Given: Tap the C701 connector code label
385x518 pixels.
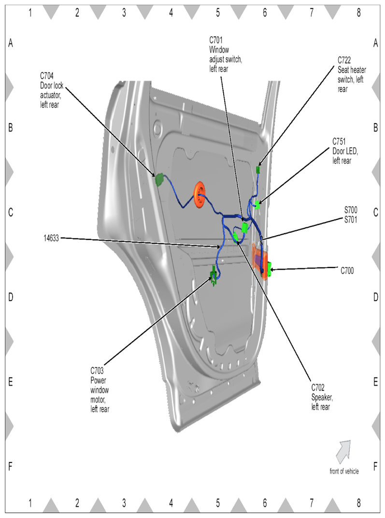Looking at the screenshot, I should point(215,39).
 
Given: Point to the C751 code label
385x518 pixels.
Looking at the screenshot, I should point(339,141).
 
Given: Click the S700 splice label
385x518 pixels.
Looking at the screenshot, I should point(351,210).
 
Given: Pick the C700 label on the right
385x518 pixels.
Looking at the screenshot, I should point(347,271).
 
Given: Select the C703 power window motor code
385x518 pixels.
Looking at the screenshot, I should point(97,371).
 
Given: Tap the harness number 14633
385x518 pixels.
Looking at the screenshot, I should point(50,238).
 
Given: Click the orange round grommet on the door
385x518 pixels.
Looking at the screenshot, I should point(200,195).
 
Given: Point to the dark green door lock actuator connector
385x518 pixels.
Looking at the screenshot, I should point(159,180).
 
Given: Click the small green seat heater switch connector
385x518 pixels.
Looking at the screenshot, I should point(258,169).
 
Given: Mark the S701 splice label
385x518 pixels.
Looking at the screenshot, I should point(351,218).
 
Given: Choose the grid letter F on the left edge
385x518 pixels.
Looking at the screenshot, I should point(10,467).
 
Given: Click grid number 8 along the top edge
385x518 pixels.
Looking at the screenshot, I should point(358,13).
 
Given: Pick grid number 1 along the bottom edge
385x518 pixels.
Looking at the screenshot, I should point(30,503).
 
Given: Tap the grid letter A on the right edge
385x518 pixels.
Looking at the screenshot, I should point(375,43).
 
